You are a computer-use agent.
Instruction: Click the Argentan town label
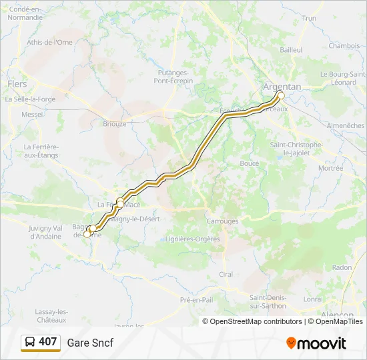point(282,87)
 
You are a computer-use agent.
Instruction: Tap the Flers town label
point(17,84)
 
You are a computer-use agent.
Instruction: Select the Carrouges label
point(222,221)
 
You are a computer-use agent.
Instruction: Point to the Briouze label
point(115,123)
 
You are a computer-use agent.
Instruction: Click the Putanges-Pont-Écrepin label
point(174,76)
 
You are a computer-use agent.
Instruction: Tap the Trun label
point(309,18)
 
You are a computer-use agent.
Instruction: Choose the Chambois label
point(344,46)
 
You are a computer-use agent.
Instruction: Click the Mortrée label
point(330,169)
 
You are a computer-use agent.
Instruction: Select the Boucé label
point(249,163)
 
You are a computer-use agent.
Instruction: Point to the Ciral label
point(226,274)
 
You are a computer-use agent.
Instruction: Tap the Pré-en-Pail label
point(196,300)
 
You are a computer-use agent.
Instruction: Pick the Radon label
point(341,267)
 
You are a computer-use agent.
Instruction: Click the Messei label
point(32,115)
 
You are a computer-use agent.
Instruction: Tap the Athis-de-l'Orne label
point(49,42)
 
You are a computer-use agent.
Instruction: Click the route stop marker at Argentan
point(281,95)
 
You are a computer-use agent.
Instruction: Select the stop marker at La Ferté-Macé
point(120,201)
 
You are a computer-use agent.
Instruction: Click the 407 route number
point(48,342)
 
